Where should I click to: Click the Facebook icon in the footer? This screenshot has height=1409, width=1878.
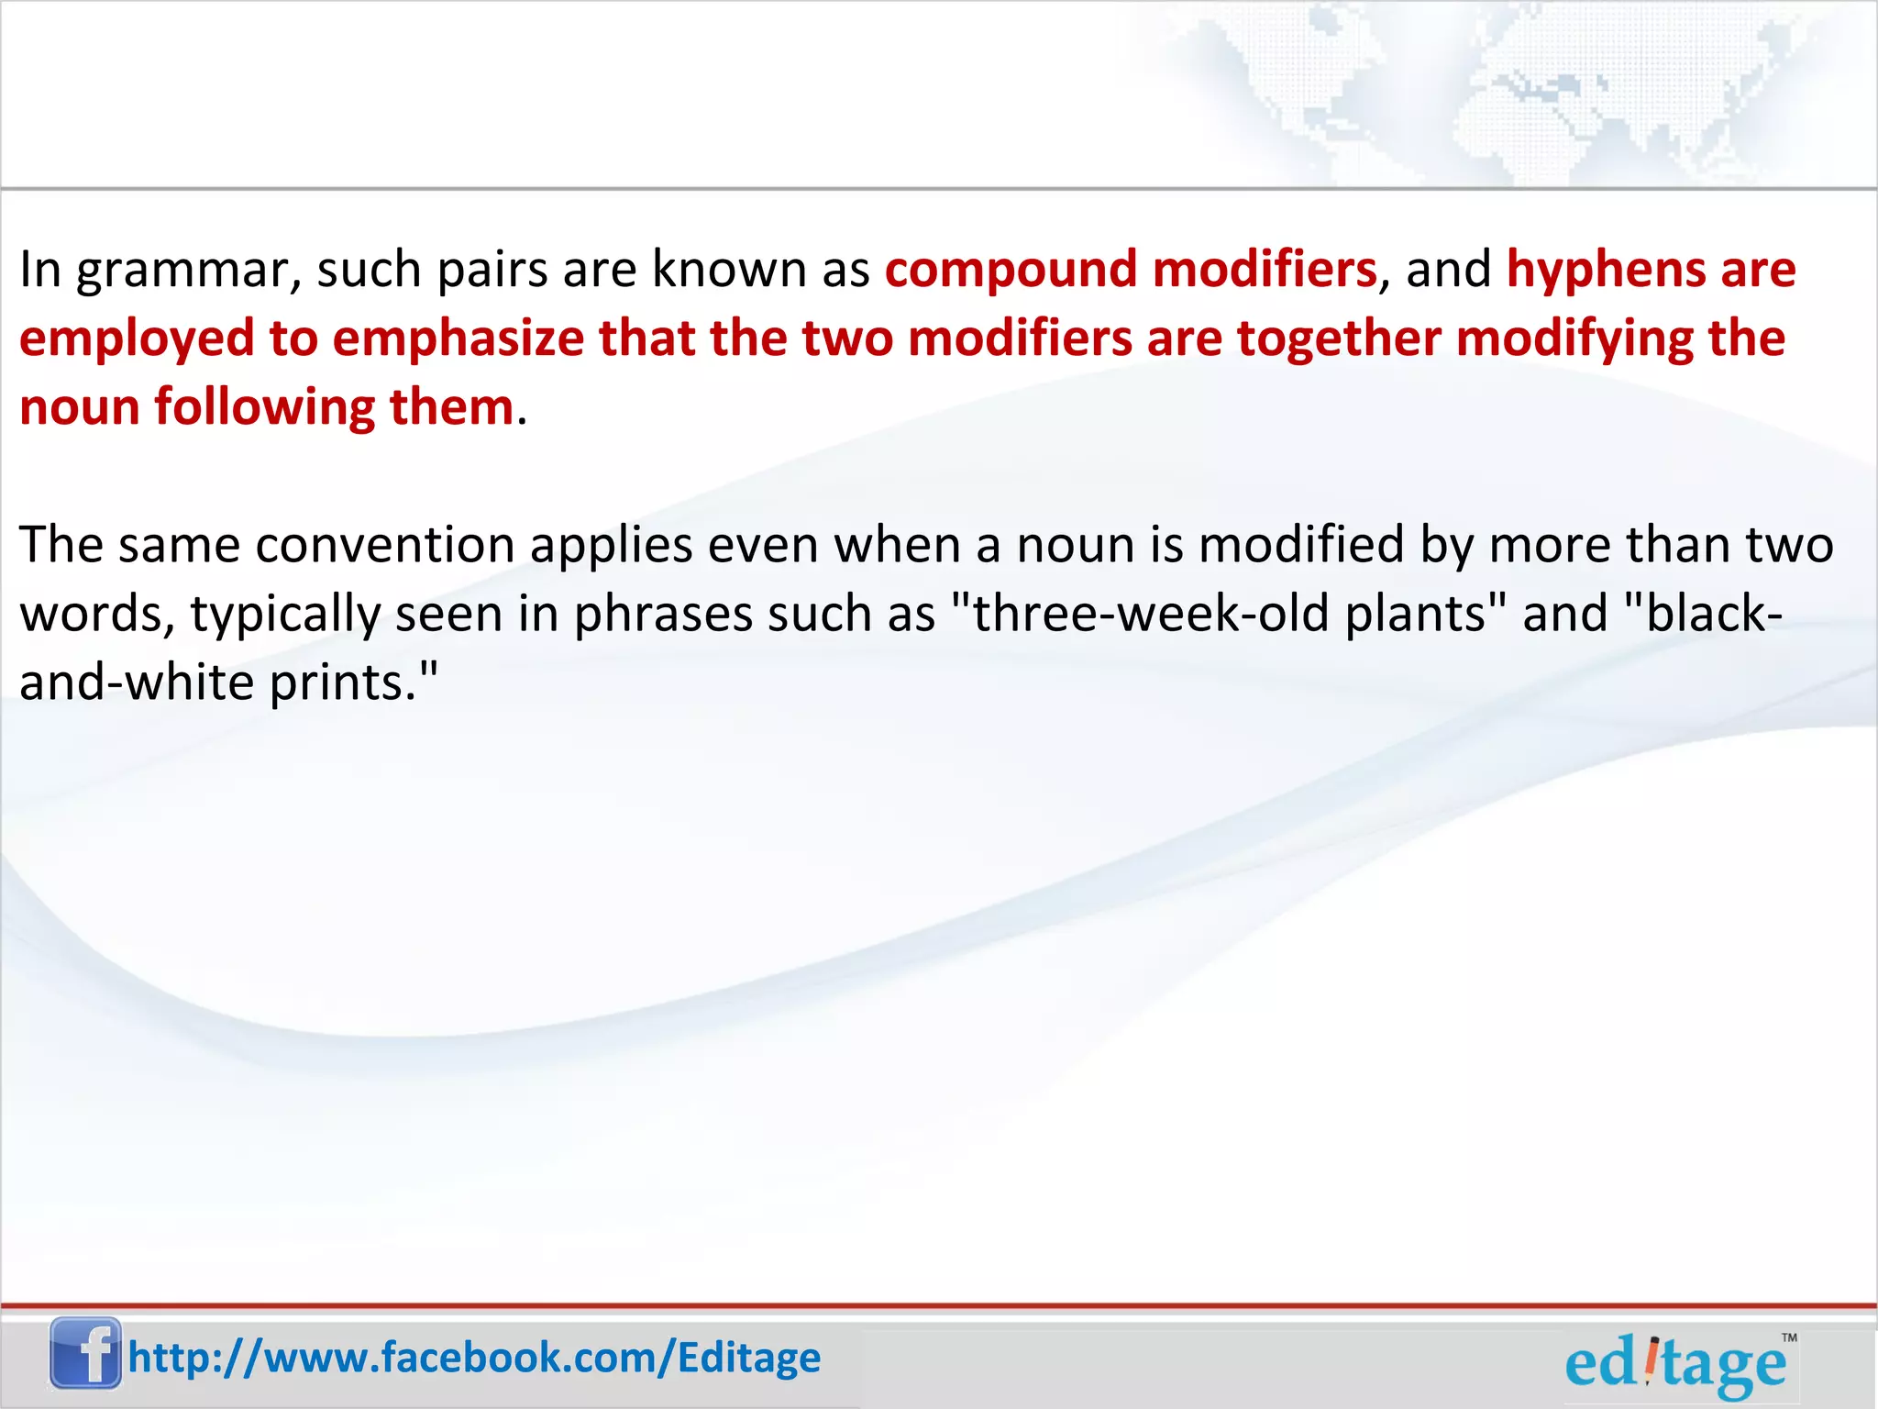click(85, 1353)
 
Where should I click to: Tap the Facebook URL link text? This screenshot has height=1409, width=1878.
click(474, 1358)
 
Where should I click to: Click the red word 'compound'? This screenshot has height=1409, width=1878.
click(1010, 271)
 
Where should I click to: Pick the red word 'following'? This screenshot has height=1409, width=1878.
click(264, 408)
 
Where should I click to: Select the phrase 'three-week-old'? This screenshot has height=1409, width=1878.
click(1150, 614)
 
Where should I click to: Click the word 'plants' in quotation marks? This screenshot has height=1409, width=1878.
click(1415, 615)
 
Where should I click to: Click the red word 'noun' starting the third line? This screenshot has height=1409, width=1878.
click(79, 408)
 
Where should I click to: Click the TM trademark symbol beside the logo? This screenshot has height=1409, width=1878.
click(1788, 1338)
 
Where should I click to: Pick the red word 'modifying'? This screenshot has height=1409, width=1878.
click(1574, 339)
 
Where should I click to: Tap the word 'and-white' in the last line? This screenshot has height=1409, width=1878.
click(137, 683)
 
